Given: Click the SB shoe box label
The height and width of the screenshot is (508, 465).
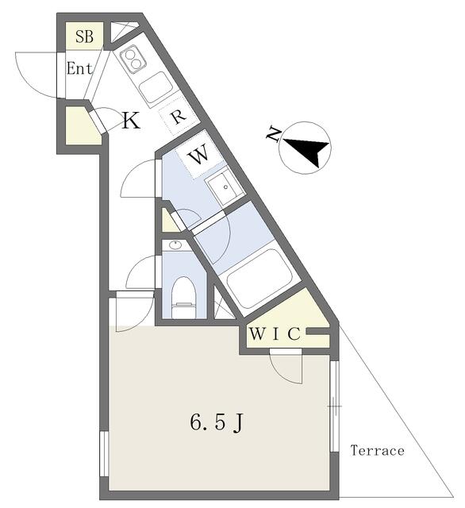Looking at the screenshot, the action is coord(85,37).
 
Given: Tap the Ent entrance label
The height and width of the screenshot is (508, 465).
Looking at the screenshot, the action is coord(79,68).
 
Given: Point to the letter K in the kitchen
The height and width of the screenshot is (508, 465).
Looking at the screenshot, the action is coord(131,121).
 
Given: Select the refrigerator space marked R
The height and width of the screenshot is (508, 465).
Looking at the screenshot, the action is coord(178,116).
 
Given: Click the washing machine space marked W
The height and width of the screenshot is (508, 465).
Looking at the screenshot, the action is coord(199,156).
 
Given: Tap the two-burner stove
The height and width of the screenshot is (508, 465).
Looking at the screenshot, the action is coord(133,60).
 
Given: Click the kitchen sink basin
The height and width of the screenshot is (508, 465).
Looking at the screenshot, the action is coord(156,87).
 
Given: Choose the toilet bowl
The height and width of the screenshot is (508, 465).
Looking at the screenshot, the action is coord(184,297).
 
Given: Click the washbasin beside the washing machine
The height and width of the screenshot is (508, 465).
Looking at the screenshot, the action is coord(225,187).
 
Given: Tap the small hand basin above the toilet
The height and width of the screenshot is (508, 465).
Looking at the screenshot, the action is coord(176,245).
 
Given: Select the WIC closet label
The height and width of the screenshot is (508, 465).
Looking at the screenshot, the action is coord(275,334).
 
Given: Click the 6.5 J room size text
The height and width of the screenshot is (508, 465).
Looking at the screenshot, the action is coord(217,423).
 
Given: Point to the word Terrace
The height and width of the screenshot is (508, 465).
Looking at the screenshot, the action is coord(378,450).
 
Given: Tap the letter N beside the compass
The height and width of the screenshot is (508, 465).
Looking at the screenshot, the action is coord(274,135).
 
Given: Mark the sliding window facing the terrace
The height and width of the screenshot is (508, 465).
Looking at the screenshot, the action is coord(335,406).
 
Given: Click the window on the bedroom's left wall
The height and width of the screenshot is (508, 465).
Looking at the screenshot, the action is coord(104,453).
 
